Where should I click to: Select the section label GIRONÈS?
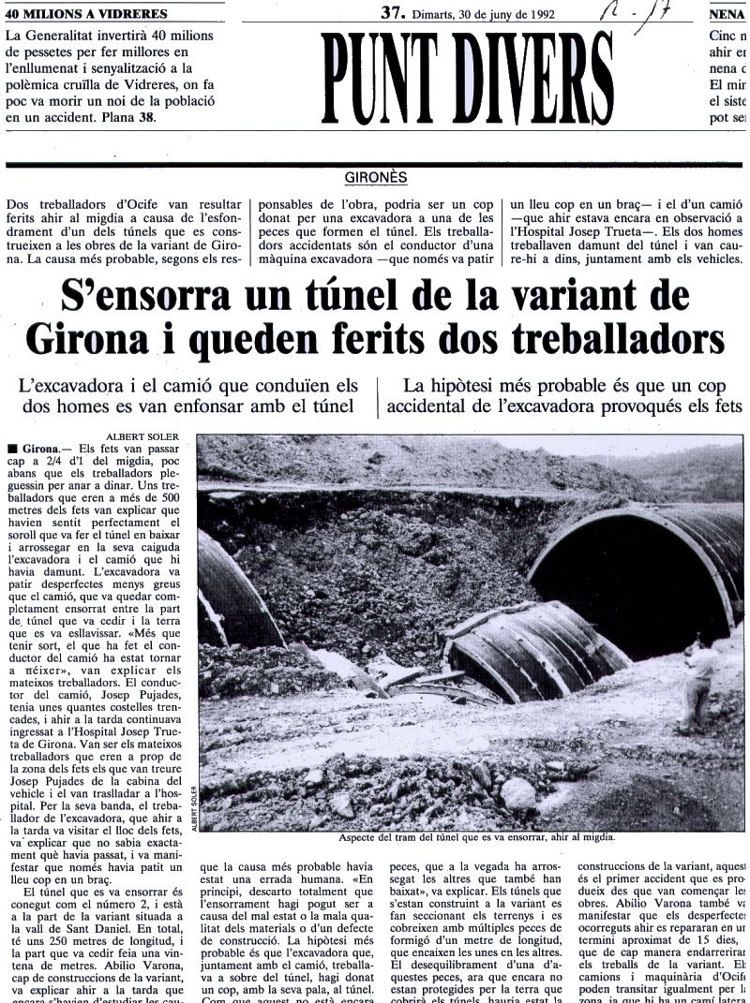click(x=375, y=176)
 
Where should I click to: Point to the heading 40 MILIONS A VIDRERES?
click(x=86, y=14)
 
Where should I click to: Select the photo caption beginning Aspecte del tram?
click(x=483, y=838)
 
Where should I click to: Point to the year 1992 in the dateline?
click(x=543, y=13)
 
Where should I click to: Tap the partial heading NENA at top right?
click(x=727, y=14)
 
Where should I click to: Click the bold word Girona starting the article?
click(x=37, y=450)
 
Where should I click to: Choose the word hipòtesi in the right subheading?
click(x=482, y=385)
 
